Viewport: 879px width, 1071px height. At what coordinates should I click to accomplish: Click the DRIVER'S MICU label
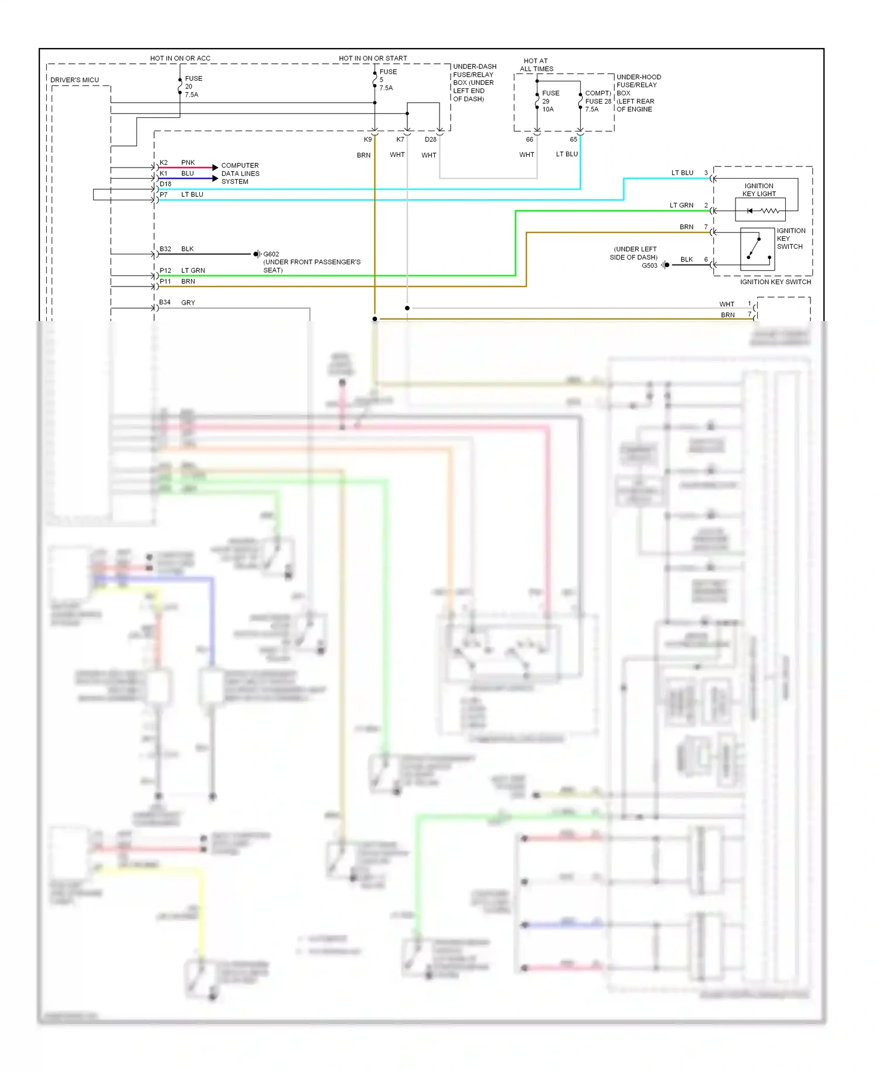tap(74, 80)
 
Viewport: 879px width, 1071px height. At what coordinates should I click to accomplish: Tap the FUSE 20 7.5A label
tap(193, 87)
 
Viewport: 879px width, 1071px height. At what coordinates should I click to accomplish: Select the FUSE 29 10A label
tap(550, 101)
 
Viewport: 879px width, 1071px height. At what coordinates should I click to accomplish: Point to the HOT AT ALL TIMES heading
tap(536, 65)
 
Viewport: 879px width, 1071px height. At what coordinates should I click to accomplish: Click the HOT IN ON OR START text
tap(373, 59)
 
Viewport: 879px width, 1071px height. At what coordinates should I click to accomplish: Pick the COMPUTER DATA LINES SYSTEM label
tap(240, 173)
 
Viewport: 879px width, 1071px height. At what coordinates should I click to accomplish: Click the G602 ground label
tap(271, 254)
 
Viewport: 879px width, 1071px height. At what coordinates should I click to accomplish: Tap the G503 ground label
tap(649, 266)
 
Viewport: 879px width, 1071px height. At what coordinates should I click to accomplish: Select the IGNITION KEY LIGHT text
tap(759, 190)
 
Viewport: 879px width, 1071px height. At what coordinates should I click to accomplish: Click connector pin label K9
tap(367, 139)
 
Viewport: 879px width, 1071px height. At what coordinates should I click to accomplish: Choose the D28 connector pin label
tap(431, 139)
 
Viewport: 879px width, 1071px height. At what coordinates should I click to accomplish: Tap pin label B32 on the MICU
tap(165, 249)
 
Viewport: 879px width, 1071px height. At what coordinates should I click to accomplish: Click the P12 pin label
tap(165, 271)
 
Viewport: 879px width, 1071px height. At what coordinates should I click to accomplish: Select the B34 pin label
tap(165, 302)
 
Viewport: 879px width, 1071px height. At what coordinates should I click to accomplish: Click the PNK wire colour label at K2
tap(188, 162)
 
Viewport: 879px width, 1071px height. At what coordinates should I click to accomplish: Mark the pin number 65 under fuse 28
tap(573, 139)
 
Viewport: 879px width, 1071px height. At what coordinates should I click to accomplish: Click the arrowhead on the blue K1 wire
tap(215, 178)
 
